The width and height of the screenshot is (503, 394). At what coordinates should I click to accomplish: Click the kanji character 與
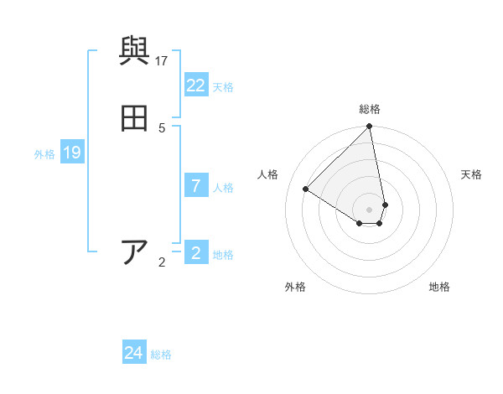(134, 52)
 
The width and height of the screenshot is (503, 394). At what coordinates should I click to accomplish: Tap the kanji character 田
(134, 119)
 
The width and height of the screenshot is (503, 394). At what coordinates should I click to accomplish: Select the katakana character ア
(134, 252)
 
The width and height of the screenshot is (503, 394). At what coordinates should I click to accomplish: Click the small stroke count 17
(162, 60)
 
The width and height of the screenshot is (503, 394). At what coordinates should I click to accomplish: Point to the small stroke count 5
(162, 127)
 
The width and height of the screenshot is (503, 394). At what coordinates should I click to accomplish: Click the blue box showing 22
(196, 86)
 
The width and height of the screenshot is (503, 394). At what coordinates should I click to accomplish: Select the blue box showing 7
(196, 186)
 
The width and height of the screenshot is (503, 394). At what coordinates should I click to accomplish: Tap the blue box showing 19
(72, 153)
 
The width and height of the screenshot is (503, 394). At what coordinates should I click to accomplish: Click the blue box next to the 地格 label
(196, 253)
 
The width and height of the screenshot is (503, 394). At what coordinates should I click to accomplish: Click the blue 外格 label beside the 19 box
(44, 154)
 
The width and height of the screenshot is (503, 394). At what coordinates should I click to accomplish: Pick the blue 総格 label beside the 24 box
(162, 355)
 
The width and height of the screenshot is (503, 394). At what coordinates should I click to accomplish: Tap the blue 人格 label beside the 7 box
(224, 188)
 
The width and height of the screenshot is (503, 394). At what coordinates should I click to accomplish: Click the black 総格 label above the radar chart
(370, 109)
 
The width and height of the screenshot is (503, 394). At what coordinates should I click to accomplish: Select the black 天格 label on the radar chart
(471, 174)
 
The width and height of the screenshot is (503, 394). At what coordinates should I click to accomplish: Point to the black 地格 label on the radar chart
(439, 287)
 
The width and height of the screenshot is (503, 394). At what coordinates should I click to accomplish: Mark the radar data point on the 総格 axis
(370, 127)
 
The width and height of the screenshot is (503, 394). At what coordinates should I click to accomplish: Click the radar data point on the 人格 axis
(306, 189)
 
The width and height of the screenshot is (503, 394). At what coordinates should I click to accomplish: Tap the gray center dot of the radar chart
(370, 210)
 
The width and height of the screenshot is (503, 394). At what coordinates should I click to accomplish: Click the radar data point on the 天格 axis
(385, 205)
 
